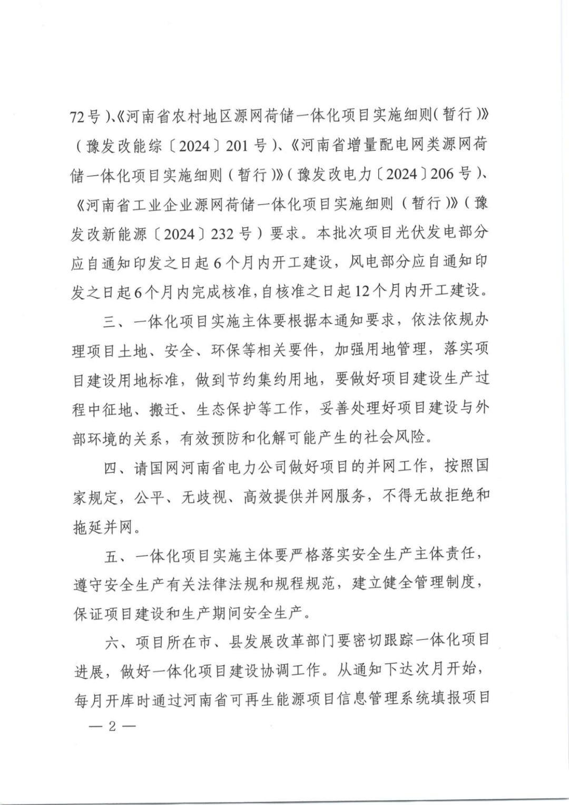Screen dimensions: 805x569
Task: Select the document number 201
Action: pos(237,146)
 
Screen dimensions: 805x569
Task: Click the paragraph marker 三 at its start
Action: pos(110,320)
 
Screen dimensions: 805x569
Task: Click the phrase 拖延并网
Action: pos(102,526)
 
